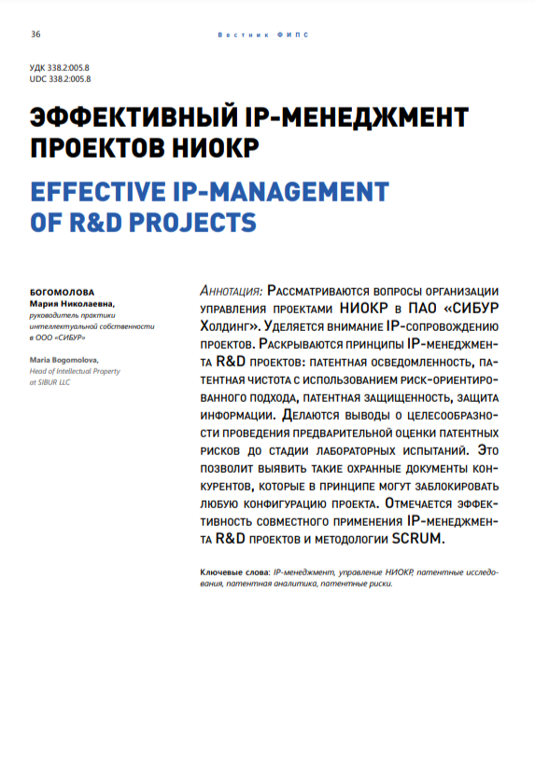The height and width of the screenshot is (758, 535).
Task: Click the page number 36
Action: (35, 34)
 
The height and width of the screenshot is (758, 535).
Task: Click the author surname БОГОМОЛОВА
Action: (63, 291)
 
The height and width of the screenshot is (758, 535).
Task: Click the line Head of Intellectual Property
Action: (75, 370)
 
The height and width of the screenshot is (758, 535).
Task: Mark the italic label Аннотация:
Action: (232, 292)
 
